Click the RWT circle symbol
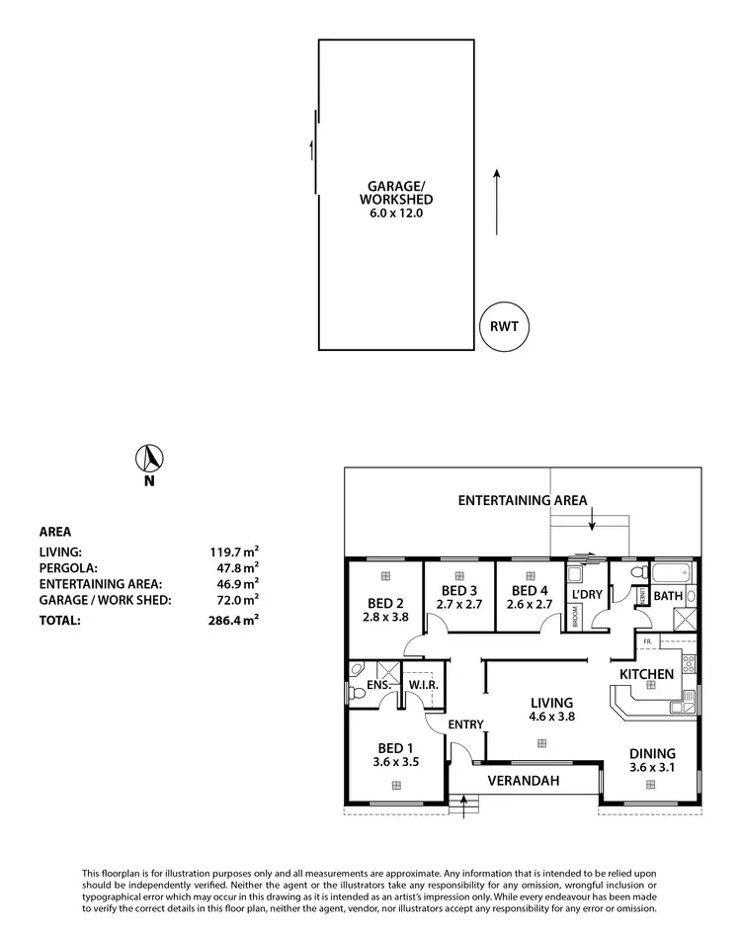coord(504,325)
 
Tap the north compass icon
coord(149,459)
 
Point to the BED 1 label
coord(396,748)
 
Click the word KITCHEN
coord(646,674)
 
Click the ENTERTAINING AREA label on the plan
coord(523,500)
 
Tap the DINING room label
coord(653,752)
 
